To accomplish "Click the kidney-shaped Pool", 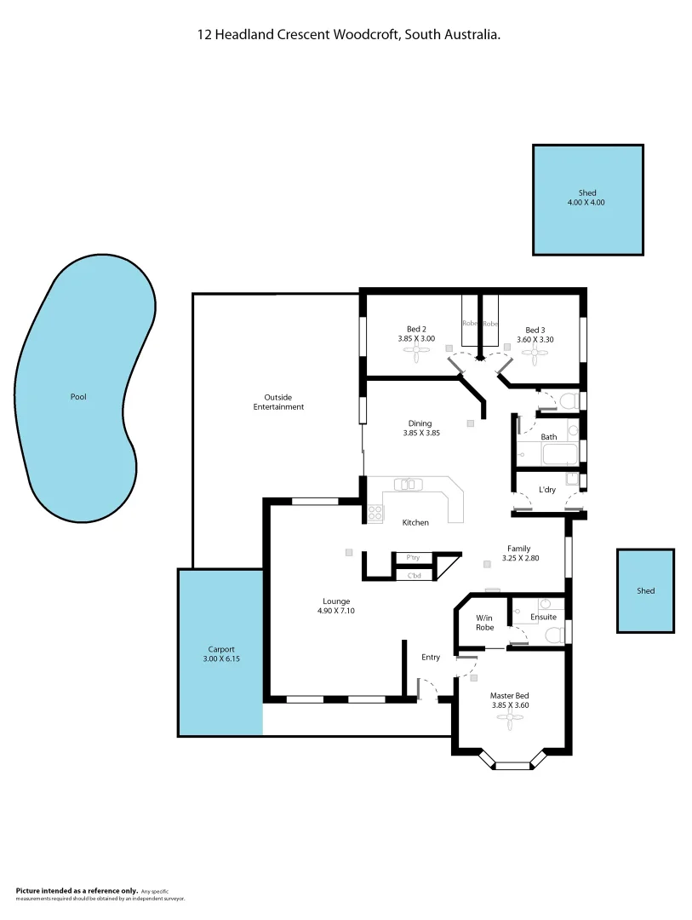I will [78, 396].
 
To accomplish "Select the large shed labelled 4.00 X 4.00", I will [587, 198].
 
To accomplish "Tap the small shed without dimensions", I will [645, 590].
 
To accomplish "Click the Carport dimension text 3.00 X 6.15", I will [220, 658].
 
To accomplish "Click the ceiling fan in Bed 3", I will [534, 348].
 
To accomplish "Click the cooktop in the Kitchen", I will [375, 513].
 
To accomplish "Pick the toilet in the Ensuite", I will [554, 634].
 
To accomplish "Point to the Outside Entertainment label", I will [278, 402].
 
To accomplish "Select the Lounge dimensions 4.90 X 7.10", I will [336, 611].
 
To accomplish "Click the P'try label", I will [413, 558].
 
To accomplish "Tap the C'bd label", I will [415, 576].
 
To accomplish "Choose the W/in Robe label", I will [484, 623].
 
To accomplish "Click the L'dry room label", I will [548, 490].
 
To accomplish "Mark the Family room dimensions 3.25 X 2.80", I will [518, 558].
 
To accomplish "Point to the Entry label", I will [431, 657].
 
